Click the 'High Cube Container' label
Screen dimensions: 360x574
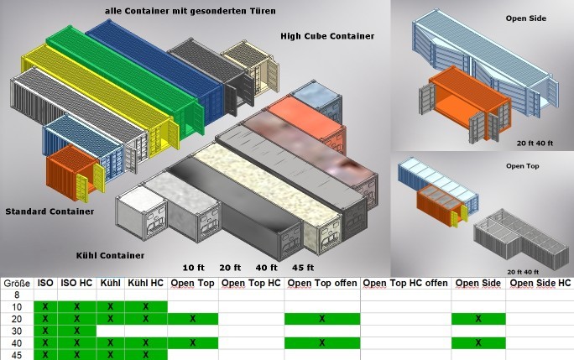coord(327,36)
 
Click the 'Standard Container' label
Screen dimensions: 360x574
coord(50,211)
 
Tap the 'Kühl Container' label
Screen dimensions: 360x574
coord(109,255)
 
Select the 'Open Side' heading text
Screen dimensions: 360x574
coord(526,18)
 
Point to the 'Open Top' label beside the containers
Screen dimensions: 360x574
coord(521,166)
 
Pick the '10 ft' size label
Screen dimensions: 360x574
coord(194,268)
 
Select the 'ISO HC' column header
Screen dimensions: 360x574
coord(76,284)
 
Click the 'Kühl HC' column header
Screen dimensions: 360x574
coord(145,284)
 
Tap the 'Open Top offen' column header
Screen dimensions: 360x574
coord(321,284)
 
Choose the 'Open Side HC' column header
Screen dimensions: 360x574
coord(540,284)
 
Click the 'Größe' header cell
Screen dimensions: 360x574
coord(17,284)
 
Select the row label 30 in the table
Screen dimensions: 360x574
coord(17,331)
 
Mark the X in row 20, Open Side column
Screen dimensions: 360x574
coord(478,319)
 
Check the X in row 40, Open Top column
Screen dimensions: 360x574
coord(193,342)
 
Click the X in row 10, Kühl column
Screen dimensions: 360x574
coord(110,307)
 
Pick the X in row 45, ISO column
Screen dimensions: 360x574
coord(45,354)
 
